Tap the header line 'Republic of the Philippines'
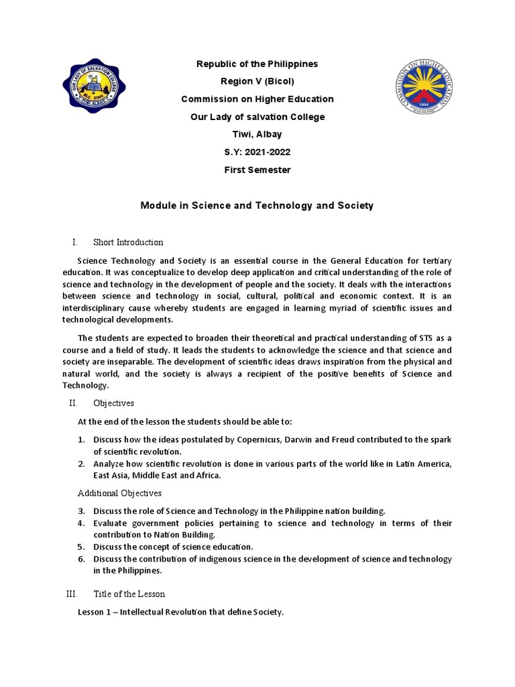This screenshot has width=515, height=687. pos(257,64)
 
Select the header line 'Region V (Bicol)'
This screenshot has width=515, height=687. pos(257,81)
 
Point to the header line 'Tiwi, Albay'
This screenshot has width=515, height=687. pos(257,134)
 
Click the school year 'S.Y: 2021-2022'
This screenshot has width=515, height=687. pos(257,152)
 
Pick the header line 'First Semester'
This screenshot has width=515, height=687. pos(257,170)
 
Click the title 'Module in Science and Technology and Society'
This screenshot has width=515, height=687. pos(257,205)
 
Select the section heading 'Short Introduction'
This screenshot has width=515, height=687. pos(128,242)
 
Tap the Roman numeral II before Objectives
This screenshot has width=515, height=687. pos(73,403)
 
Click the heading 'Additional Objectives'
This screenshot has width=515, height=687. pos(120,493)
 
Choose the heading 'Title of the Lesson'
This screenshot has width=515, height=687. pos(129,594)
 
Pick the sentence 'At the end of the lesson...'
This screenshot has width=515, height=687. pos(185,421)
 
